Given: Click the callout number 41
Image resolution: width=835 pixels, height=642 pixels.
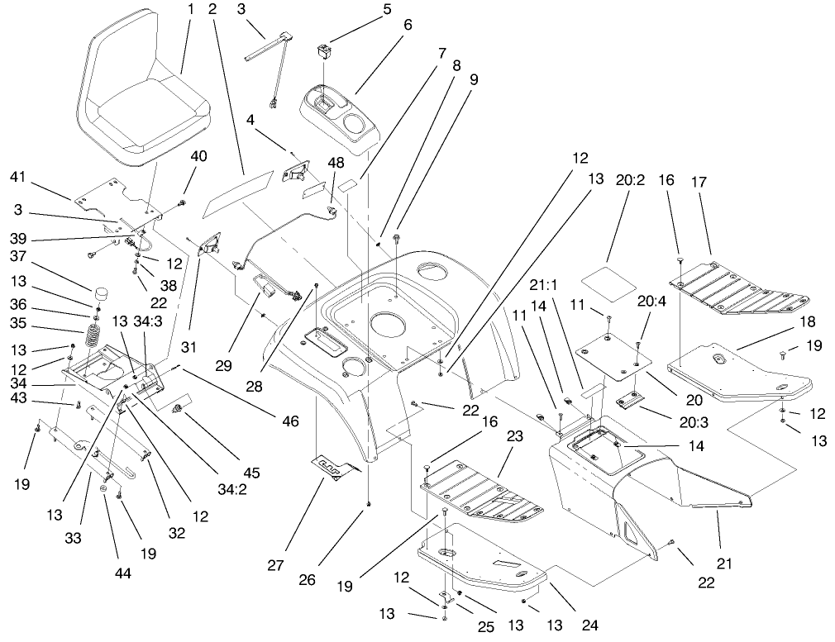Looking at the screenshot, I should (19, 176).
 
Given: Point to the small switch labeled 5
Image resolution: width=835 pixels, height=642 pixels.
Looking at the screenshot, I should (322, 53).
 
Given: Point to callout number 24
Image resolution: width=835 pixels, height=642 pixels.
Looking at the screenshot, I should (589, 625).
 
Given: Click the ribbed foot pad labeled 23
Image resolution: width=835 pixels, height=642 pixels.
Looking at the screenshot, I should (484, 492).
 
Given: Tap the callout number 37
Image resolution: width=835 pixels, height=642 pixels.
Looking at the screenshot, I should (19, 255).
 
